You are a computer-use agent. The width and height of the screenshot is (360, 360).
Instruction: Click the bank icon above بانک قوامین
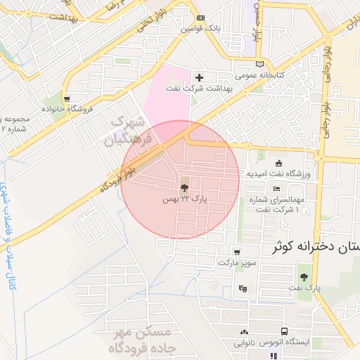202,18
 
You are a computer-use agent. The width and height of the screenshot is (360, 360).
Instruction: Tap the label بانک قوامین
201,29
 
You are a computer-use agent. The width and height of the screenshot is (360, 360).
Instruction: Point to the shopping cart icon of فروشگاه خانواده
67,99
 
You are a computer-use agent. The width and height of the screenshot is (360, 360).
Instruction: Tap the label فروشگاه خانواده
67,110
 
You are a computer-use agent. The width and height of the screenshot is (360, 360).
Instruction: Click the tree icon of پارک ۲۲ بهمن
184,188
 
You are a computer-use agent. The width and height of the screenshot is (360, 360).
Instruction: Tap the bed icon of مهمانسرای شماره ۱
277,189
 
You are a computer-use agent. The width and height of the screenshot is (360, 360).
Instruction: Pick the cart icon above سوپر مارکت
237,252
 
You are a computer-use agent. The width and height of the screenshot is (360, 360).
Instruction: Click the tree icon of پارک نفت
303,277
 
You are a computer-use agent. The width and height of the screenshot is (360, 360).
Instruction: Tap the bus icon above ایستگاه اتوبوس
284,331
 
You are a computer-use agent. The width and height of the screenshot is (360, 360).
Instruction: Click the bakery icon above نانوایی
244,332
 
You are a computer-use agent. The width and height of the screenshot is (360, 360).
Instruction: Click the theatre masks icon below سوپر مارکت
243,288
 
